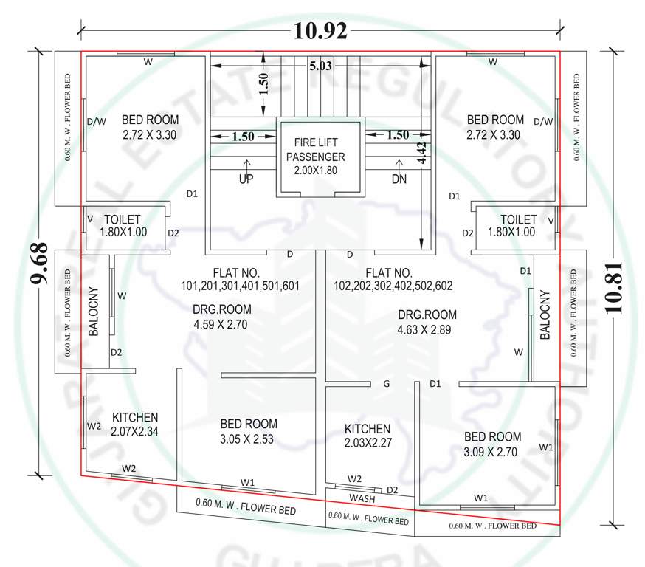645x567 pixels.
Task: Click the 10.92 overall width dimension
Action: pos(320,30)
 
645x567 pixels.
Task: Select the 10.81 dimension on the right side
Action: pos(618,287)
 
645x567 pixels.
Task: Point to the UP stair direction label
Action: pos(246,179)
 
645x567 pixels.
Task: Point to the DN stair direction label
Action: pos(399,179)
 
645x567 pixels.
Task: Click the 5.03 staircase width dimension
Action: pos(321,66)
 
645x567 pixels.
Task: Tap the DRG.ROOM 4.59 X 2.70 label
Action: pos(222,317)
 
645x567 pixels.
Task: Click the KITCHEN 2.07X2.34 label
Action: pos(134,424)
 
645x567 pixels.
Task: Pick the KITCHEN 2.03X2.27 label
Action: pos(368,436)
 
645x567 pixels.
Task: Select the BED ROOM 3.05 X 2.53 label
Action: pos(249,430)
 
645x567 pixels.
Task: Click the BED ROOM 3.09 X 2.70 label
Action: pos(492,443)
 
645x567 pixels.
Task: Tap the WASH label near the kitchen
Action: pos(362,499)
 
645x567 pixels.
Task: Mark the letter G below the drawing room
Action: pos(386,384)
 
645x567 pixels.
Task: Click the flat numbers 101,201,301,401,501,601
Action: pos(240,278)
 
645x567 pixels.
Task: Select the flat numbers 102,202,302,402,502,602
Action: pos(393,278)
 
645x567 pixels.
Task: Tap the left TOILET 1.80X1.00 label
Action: pos(123,225)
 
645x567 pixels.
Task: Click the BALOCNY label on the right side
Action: pos(545,316)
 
